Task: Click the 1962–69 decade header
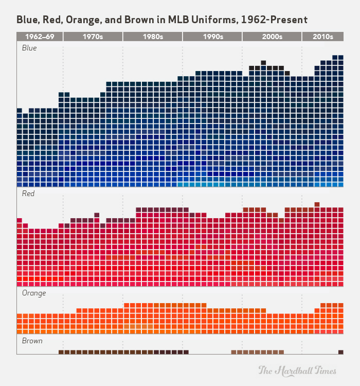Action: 40,37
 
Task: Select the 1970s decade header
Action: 93,37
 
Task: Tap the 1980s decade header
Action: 152,37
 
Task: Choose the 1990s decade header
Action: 212,37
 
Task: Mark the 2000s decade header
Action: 272,37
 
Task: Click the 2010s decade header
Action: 322,37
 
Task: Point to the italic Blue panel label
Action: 29,48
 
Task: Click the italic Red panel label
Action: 28,194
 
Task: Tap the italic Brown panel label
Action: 32,341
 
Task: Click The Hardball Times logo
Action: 297,370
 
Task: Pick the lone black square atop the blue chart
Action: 263,62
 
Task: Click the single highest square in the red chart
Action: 317,204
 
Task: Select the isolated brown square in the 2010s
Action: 340,352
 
